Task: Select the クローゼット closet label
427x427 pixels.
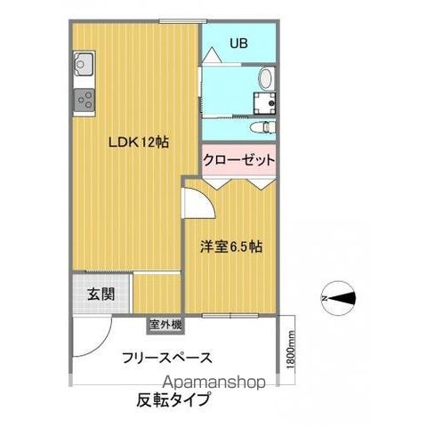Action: click(x=238, y=160)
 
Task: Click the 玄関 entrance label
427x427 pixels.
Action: click(x=100, y=294)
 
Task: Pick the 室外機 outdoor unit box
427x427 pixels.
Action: click(x=165, y=326)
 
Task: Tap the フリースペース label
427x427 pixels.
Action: click(x=166, y=358)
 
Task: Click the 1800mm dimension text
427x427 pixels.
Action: click(x=291, y=353)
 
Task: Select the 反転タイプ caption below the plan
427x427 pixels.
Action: click(x=173, y=399)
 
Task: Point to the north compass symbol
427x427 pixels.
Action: click(x=337, y=297)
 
